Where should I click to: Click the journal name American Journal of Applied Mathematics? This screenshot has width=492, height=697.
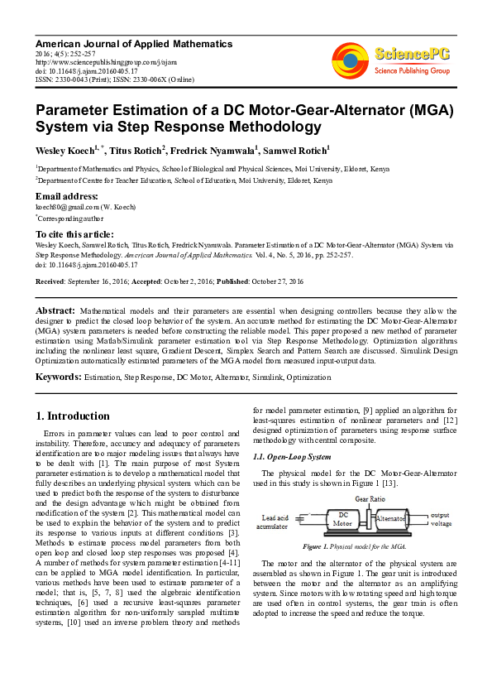pos(134,43)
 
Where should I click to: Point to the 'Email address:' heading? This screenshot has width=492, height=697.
pos(65,195)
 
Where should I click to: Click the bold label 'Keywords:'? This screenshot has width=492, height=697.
pos(58,377)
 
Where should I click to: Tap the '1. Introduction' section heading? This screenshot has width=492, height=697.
pos(73,416)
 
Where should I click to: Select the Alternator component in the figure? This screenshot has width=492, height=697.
pos(393,519)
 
